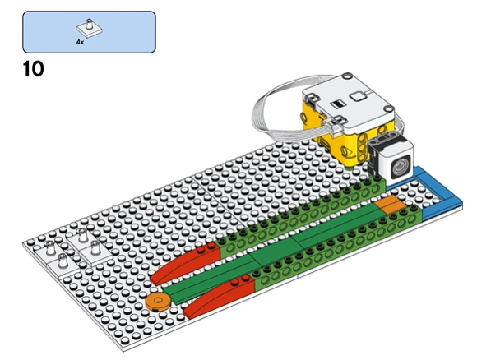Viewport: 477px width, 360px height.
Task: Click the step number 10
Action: pos(34,69)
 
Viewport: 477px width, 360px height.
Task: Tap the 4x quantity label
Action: pos(80,42)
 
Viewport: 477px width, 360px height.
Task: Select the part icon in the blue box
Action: pos(89,28)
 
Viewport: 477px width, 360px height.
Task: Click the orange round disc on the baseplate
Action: pos(157,302)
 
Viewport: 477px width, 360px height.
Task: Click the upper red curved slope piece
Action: pos(185,263)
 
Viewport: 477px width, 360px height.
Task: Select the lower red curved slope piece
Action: pos(218,297)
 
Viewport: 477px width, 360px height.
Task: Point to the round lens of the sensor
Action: pos(400,166)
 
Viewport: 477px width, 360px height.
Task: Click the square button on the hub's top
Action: pos(358,97)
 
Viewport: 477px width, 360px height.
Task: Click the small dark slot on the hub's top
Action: pos(337,104)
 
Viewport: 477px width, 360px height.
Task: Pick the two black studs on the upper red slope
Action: pos(205,249)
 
